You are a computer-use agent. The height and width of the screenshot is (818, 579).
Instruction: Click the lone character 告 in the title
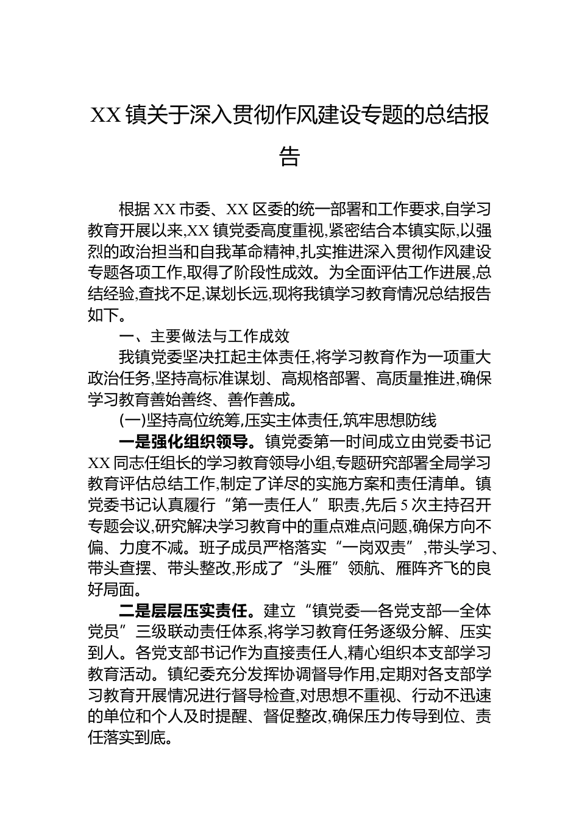click(289, 156)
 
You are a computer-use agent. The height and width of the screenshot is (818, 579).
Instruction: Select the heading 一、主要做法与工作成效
click(204, 336)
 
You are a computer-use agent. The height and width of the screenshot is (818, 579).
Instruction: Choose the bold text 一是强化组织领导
click(183, 442)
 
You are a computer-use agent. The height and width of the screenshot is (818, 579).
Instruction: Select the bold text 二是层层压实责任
click(183, 610)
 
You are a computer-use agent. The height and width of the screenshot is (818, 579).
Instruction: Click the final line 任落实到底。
click(134, 737)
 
